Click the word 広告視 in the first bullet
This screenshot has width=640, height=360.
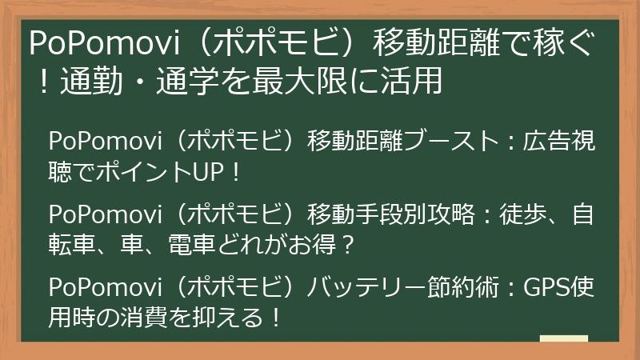(x=559, y=142)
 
